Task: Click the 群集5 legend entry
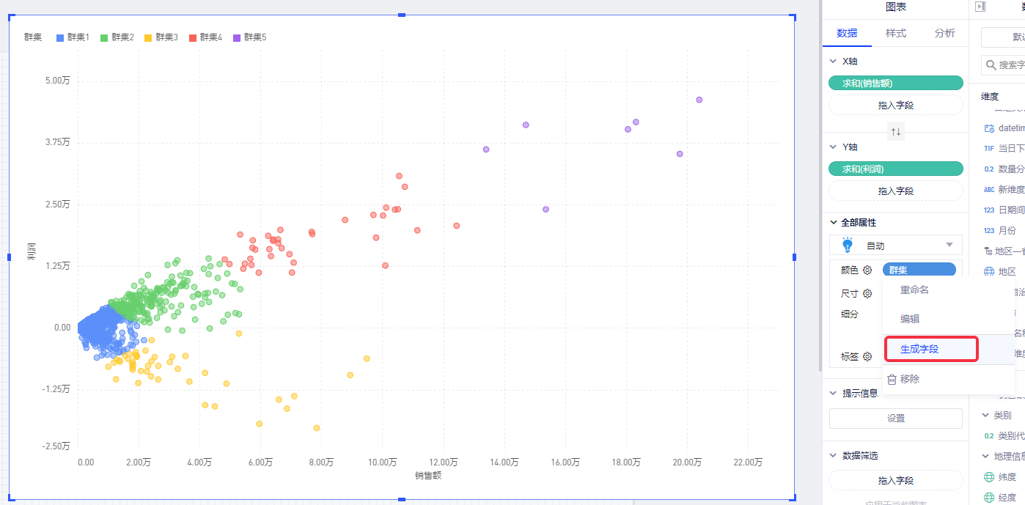(x=249, y=37)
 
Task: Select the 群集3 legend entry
(x=161, y=37)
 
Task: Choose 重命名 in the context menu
(x=914, y=290)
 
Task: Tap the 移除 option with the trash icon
(x=909, y=379)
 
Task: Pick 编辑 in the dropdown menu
(x=909, y=319)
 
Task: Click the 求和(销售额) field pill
(x=895, y=84)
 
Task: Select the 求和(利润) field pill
(x=895, y=169)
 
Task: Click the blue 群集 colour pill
(x=919, y=270)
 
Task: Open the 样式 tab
(x=895, y=33)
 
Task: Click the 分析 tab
(x=944, y=33)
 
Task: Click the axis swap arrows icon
(x=895, y=132)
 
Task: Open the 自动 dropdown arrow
(x=949, y=246)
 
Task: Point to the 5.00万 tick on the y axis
(x=58, y=81)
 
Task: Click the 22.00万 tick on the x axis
(x=747, y=462)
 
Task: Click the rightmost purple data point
(x=699, y=100)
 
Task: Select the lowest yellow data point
(x=317, y=427)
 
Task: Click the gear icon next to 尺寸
(x=867, y=293)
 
